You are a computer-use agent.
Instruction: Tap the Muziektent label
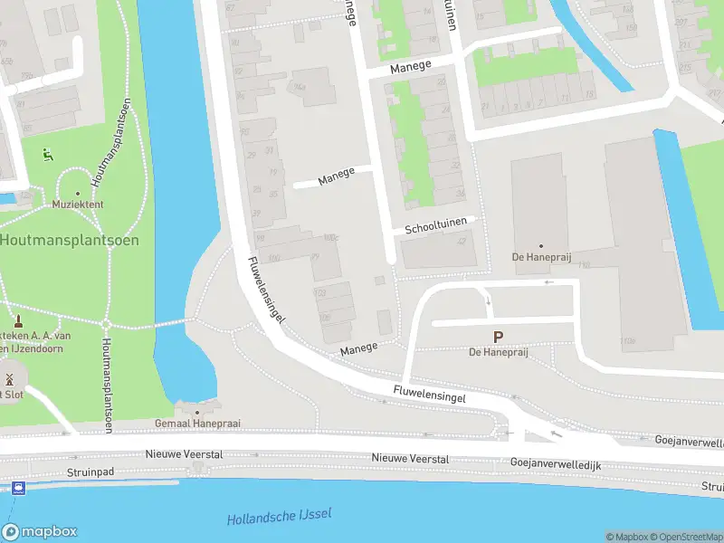tap(77, 205)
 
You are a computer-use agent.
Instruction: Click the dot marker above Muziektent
tap(77, 193)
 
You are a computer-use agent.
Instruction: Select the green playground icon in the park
tap(46, 155)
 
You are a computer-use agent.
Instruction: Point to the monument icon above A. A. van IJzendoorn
tap(17, 321)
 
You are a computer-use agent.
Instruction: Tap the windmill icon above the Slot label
tap(10, 378)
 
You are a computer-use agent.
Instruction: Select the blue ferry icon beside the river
tap(18, 488)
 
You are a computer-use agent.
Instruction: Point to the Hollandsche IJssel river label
tap(279, 517)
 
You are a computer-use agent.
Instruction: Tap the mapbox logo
tap(40, 532)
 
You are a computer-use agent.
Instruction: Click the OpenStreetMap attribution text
tap(682, 537)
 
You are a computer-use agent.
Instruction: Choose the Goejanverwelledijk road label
tap(556, 464)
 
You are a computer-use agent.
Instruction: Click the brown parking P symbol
tap(498, 338)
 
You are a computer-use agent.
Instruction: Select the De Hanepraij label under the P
tap(498, 352)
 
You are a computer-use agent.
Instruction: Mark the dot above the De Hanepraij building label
tap(541, 245)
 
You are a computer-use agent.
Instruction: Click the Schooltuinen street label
tap(438, 225)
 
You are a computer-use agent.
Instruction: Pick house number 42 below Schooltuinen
tap(463, 241)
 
